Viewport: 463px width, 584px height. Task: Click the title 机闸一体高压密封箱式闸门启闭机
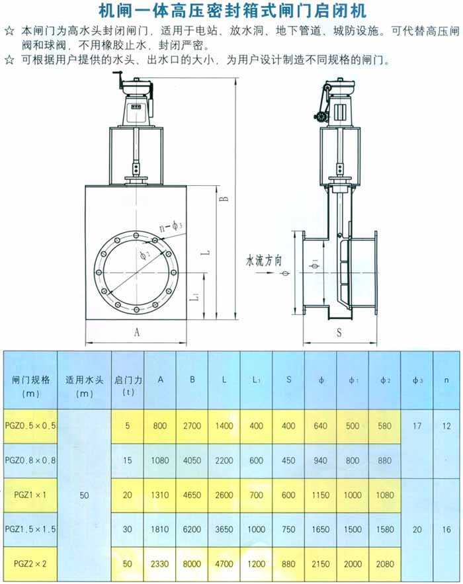click(232, 11)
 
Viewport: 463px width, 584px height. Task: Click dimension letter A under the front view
click(137, 333)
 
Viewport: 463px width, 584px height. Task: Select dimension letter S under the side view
click(339, 333)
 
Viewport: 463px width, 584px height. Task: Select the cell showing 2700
click(192, 426)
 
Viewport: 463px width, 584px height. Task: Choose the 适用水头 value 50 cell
click(84, 495)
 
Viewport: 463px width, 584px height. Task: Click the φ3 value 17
click(417, 426)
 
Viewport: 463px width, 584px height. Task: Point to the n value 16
click(447, 530)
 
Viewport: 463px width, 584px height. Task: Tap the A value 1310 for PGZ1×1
click(160, 495)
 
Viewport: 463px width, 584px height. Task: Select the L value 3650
click(224, 530)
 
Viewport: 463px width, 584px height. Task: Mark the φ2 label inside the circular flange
click(145, 254)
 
